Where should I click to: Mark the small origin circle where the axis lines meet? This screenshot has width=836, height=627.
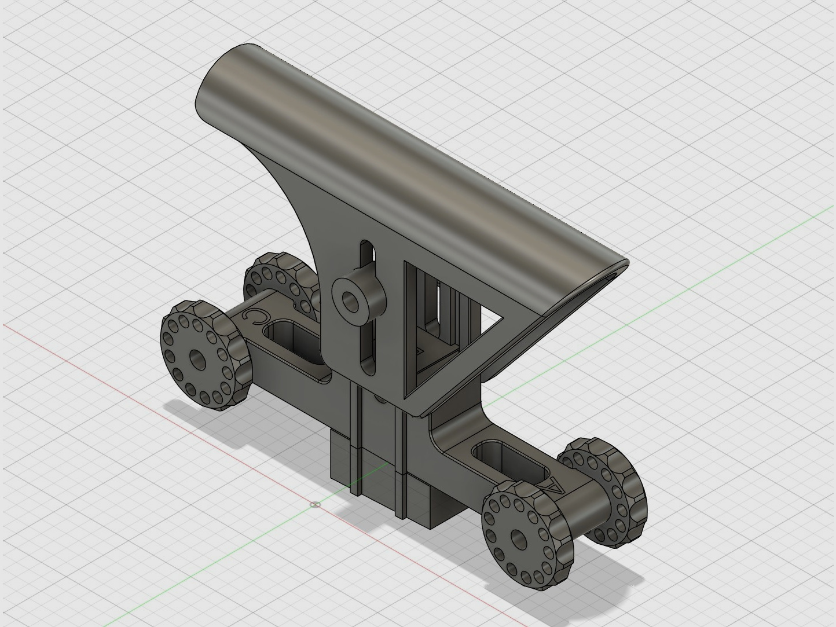314,504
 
